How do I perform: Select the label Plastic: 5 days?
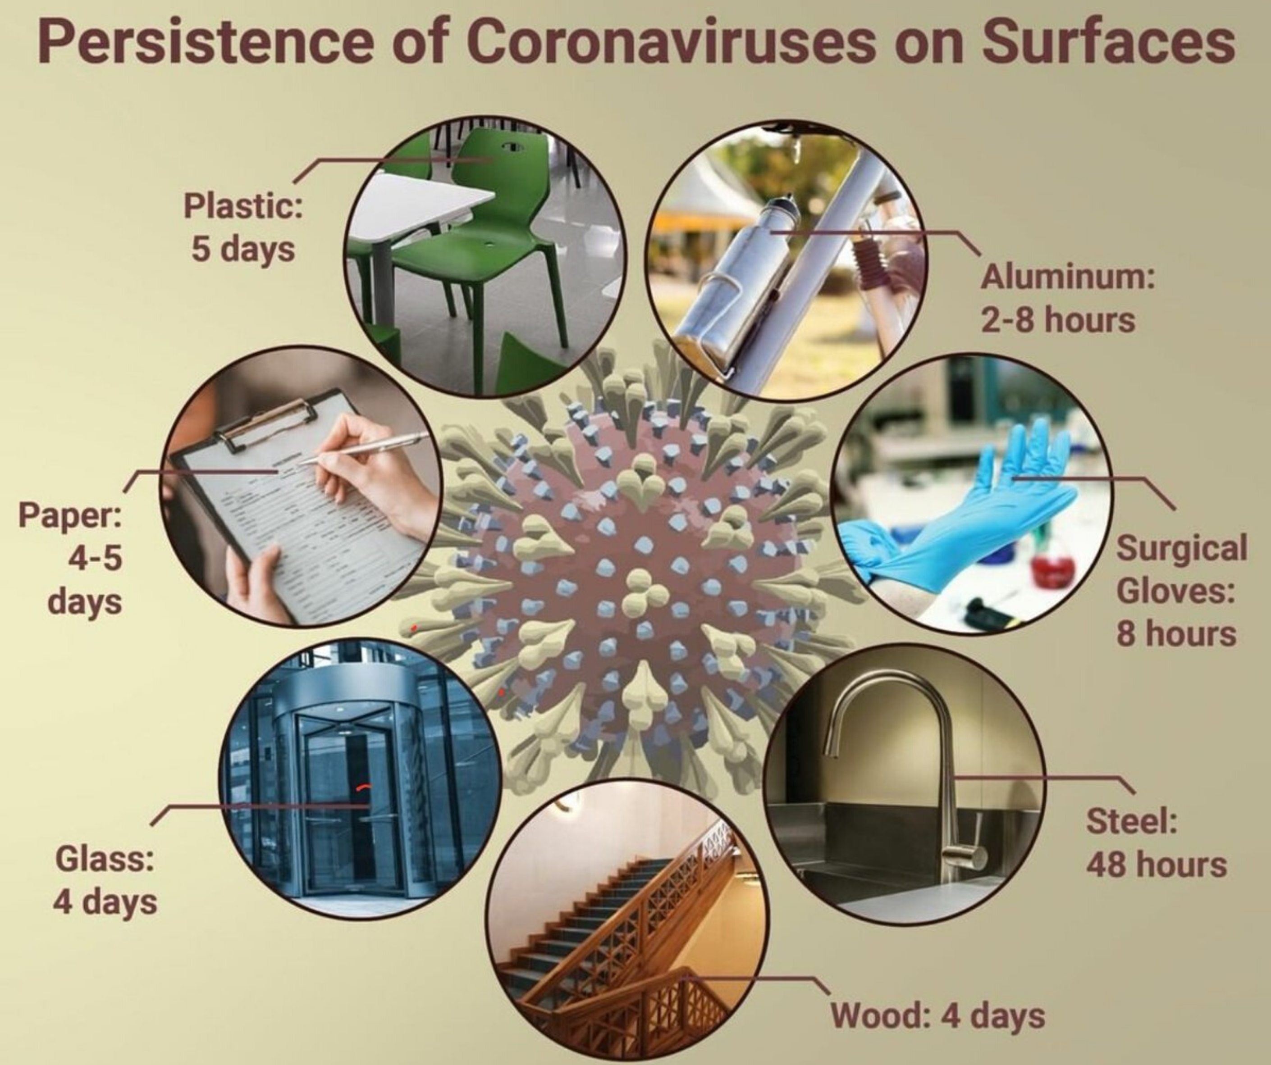point(243,227)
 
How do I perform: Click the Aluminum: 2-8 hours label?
point(1067,298)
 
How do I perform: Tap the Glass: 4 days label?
point(105,880)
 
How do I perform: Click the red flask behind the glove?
point(1053,569)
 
